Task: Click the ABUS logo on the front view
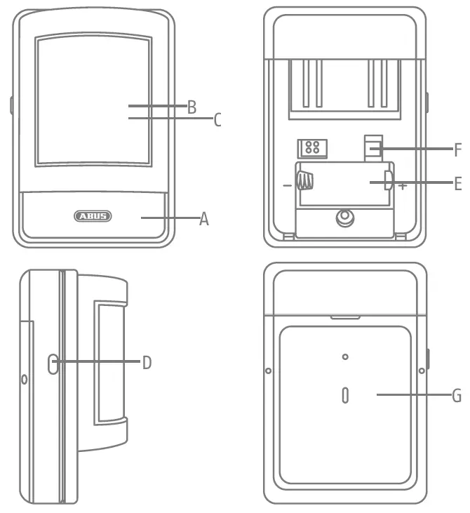pos(92,216)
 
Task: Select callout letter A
pos(204,219)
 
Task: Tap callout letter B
pos(192,107)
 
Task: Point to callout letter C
pos(217,120)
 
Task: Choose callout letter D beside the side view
pos(147,363)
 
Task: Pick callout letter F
pos(457,149)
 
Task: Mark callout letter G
pos(457,395)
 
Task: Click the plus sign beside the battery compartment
pos(403,187)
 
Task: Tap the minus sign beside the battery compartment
pos(287,186)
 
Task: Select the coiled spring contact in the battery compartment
pos(304,182)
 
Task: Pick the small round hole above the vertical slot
pos(344,357)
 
